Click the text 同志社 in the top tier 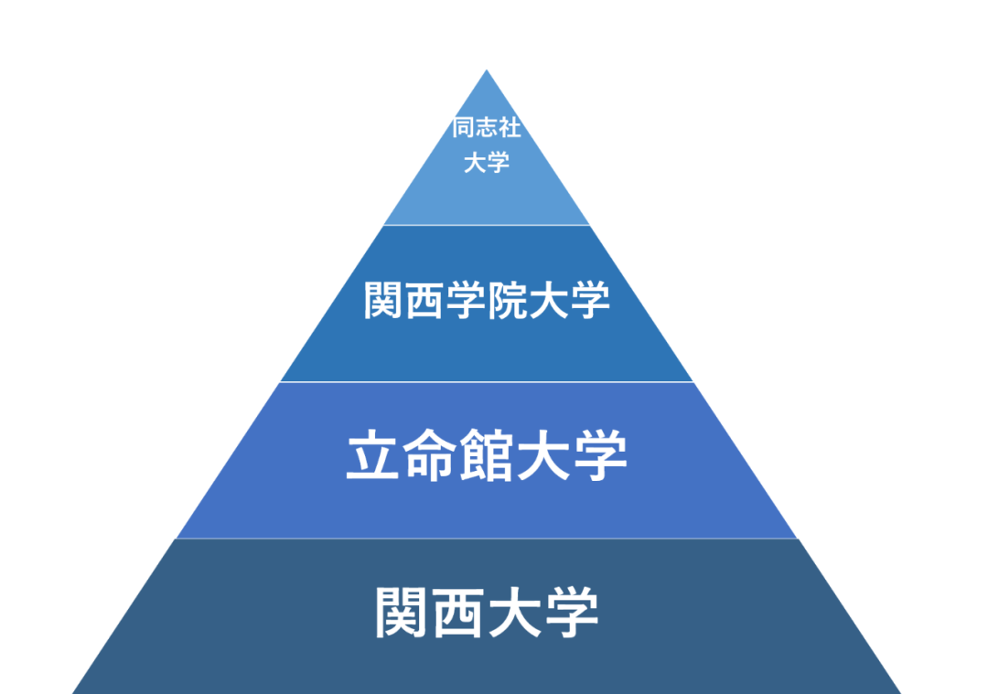pyautogui.click(x=487, y=128)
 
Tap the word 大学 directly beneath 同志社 pyautogui.click(x=487, y=164)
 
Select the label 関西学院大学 pyautogui.click(x=487, y=301)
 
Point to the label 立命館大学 pyautogui.click(x=487, y=457)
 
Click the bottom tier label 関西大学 pyautogui.click(x=487, y=614)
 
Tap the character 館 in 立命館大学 pyautogui.click(x=487, y=457)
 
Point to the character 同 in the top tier pyautogui.click(x=464, y=128)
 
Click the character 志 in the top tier pyautogui.click(x=487, y=128)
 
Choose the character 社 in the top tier pyautogui.click(x=510, y=128)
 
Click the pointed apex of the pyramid pyautogui.click(x=487, y=72)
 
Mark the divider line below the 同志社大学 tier pyautogui.click(x=487, y=225)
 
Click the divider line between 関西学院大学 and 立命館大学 pyautogui.click(x=487, y=382)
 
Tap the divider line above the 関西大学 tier pyautogui.click(x=487, y=539)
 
